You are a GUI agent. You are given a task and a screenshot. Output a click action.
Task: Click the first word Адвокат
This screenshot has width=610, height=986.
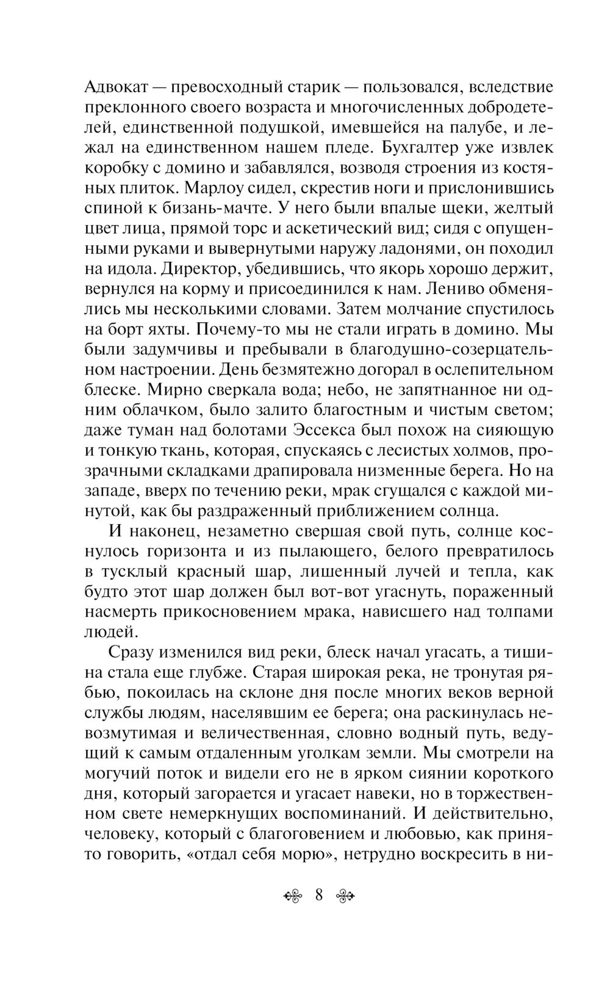117,87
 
